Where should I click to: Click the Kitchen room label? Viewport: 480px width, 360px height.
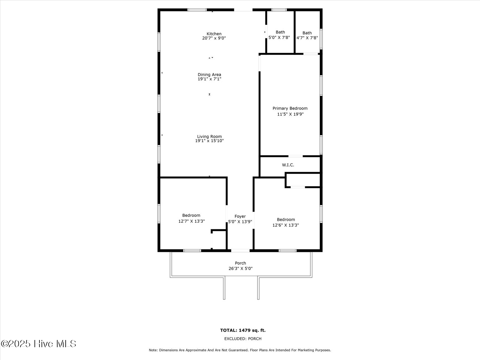pyautogui.click(x=214, y=34)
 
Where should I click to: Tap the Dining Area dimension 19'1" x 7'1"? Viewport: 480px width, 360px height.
pyautogui.click(x=209, y=79)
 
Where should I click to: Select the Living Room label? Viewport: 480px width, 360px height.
pyautogui.click(x=209, y=136)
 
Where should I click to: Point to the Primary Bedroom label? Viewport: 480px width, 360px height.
pyautogui.click(x=290, y=108)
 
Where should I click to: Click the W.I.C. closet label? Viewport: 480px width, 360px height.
pyautogui.click(x=288, y=165)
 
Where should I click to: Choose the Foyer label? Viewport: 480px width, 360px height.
pyautogui.click(x=240, y=216)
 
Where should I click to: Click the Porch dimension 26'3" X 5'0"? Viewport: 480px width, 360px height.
pyautogui.click(x=240, y=268)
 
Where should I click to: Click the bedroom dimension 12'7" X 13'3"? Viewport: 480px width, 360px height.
pyautogui.click(x=191, y=221)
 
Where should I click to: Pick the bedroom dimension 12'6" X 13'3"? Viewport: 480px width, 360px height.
pyautogui.click(x=286, y=225)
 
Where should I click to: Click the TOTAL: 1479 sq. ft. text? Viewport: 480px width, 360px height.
pyautogui.click(x=243, y=330)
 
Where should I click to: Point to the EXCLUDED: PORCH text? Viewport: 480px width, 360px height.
pyautogui.click(x=243, y=339)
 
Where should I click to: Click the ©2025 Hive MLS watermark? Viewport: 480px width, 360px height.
pyautogui.click(x=38, y=344)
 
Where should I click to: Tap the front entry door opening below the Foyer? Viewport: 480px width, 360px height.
pyautogui.click(x=240, y=250)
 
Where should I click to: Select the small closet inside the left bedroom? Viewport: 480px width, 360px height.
pyautogui.click(x=219, y=240)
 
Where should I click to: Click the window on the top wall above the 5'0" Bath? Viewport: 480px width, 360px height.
pyautogui.click(x=279, y=10)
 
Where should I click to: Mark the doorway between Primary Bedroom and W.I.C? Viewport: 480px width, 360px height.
pyautogui.click(x=295, y=156)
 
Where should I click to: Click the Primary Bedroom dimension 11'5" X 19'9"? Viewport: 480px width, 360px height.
pyautogui.click(x=290, y=114)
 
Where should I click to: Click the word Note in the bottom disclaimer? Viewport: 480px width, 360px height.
pyautogui.click(x=153, y=350)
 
